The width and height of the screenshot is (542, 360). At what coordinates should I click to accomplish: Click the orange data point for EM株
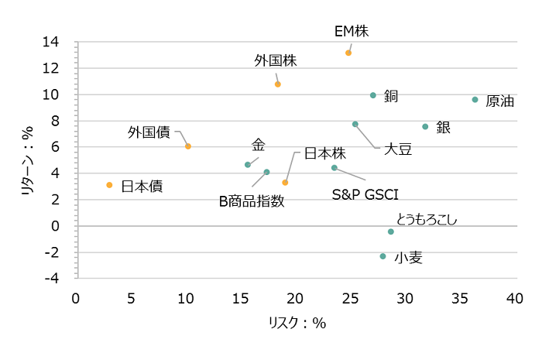pos(348,53)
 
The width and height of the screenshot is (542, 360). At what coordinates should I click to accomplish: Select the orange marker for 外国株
pos(278,84)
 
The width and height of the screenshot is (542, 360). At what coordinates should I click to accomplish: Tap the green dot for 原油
pos(475,100)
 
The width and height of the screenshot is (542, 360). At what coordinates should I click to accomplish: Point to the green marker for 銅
pos(373,95)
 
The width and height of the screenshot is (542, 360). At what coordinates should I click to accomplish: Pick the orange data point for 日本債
pos(109,185)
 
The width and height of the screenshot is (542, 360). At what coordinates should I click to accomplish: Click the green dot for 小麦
pos(382,256)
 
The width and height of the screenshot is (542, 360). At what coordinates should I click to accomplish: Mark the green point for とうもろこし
pos(391,231)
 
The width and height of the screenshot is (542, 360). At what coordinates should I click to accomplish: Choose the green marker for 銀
pos(425,127)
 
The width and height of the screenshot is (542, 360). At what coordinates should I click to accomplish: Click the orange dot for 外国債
pos(188,146)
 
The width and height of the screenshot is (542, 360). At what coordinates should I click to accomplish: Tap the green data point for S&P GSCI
pos(334,168)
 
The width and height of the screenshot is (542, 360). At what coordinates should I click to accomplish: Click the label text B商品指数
pos(252,201)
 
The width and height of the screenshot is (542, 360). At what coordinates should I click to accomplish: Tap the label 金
pos(259,146)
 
